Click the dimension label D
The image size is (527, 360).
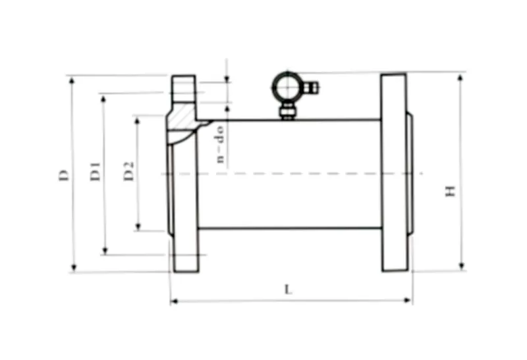coord(63,174)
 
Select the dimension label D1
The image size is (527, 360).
coord(96,172)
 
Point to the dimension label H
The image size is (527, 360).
coord(451,192)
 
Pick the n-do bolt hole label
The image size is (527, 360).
coord(221,143)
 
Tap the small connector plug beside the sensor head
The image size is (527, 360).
coord(312,86)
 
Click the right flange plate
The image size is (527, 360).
coord(393,172)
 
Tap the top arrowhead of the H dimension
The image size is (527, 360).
coord(460,77)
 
